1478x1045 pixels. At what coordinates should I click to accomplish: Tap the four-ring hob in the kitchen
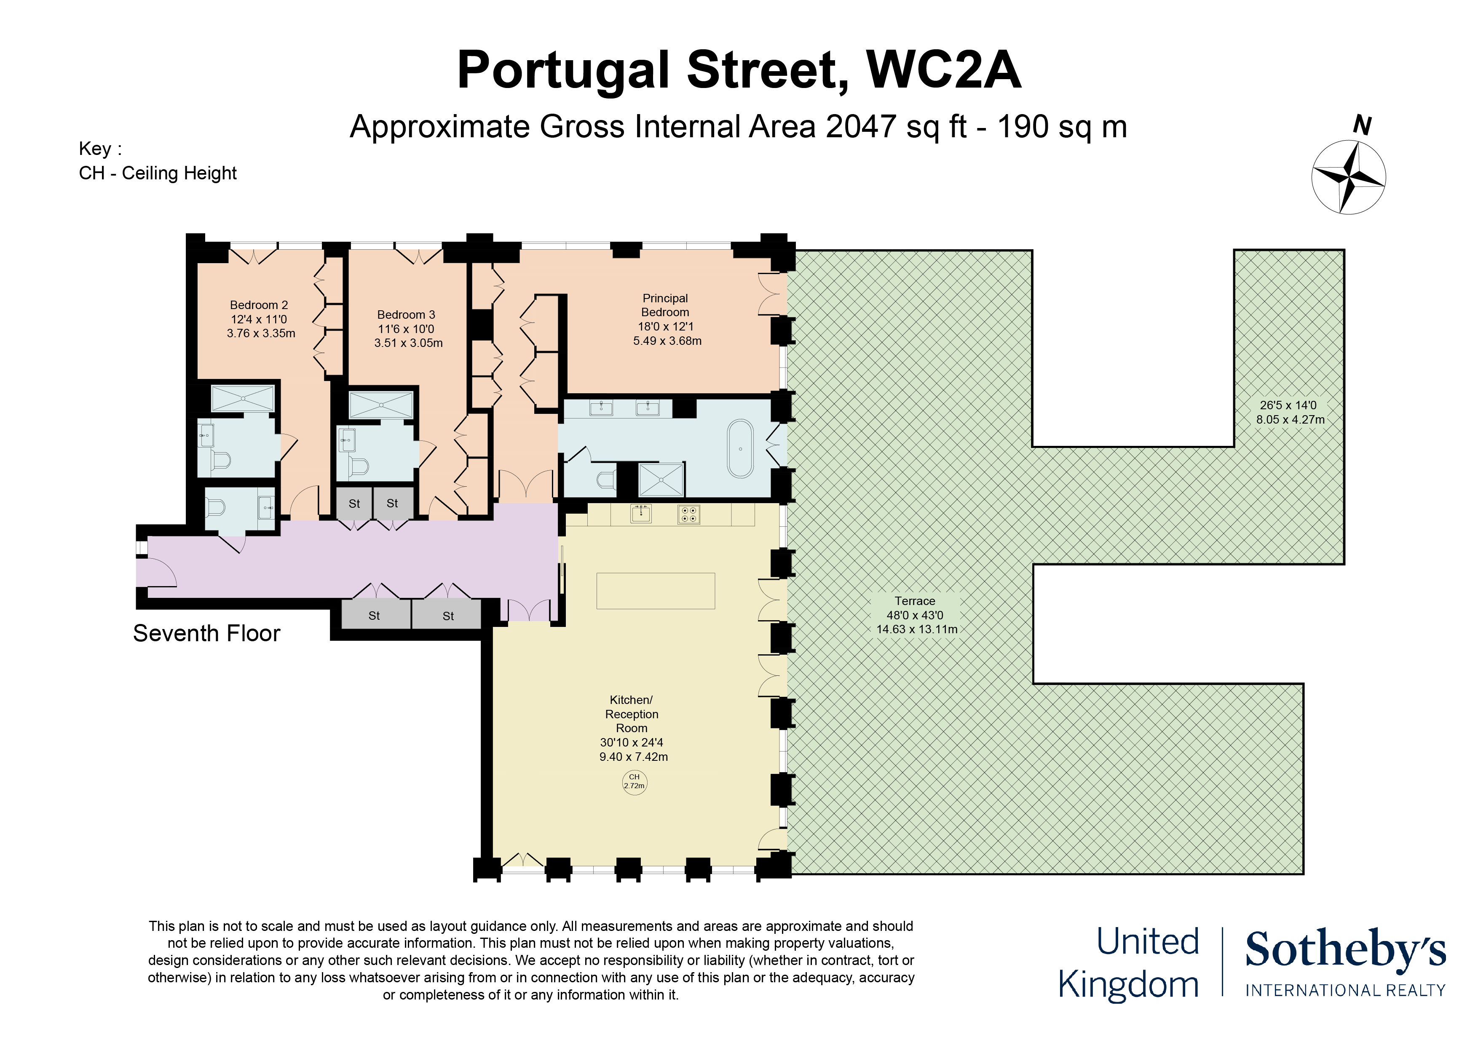(688, 514)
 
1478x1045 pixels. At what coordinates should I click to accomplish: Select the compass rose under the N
(1349, 177)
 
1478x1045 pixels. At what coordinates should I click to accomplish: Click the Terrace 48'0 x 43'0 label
(915, 615)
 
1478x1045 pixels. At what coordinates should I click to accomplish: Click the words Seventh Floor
(206, 633)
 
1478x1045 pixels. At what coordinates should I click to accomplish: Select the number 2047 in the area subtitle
(861, 127)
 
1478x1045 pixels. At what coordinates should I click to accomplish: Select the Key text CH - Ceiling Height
(158, 173)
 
